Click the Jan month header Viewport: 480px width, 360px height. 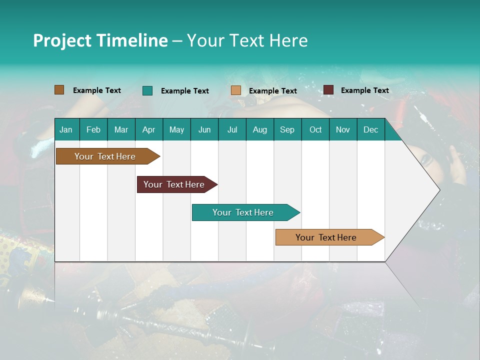point(66,129)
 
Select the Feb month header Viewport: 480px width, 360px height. point(93,129)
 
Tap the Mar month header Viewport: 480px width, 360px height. point(121,129)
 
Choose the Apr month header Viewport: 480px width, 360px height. point(149,129)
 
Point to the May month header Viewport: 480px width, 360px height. point(176,129)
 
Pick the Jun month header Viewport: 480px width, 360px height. point(204,129)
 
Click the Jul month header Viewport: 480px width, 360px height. point(232,129)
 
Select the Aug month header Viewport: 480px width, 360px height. point(260,129)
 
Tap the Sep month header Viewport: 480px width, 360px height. point(287,129)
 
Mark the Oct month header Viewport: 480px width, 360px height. point(315,129)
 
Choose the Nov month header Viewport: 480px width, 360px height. point(343,129)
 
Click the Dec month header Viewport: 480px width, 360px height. point(371,129)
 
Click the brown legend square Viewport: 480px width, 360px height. point(59,90)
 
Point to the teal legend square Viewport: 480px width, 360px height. point(147,90)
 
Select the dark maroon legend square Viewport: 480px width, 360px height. point(328,90)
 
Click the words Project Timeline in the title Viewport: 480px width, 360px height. point(100,40)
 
